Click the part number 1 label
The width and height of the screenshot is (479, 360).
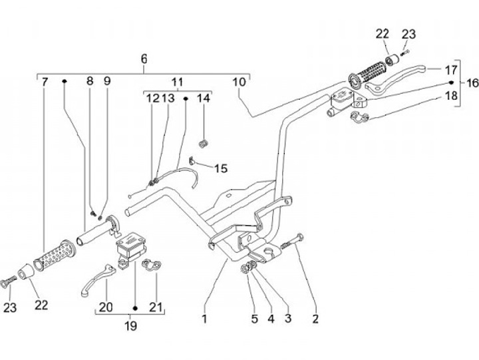(x=204, y=319)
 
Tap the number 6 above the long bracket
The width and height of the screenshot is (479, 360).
(x=144, y=59)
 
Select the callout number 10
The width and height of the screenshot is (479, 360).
(x=239, y=82)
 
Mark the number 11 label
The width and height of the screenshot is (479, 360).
(x=177, y=82)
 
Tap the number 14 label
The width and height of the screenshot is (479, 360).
(x=203, y=98)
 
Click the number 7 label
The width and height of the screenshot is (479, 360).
(x=45, y=82)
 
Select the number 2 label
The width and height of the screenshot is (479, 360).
(x=315, y=319)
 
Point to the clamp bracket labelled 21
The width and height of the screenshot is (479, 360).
(x=152, y=266)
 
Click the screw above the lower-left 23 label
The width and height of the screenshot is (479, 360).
(x=9, y=281)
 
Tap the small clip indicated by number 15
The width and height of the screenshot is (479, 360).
(x=193, y=160)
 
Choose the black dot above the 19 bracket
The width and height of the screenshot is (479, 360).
(x=134, y=309)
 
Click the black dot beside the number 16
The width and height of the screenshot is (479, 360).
(x=452, y=83)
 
